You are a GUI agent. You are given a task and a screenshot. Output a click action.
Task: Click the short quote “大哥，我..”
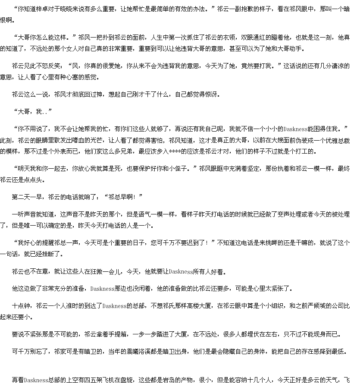coord(33,112)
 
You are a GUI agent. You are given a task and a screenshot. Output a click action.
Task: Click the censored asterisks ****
coord(175,151)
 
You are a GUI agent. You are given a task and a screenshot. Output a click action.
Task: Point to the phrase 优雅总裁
coord(338,141)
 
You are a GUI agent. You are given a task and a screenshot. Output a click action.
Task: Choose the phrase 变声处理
coord(289,214)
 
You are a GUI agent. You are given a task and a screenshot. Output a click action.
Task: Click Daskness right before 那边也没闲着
coord(102,289)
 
